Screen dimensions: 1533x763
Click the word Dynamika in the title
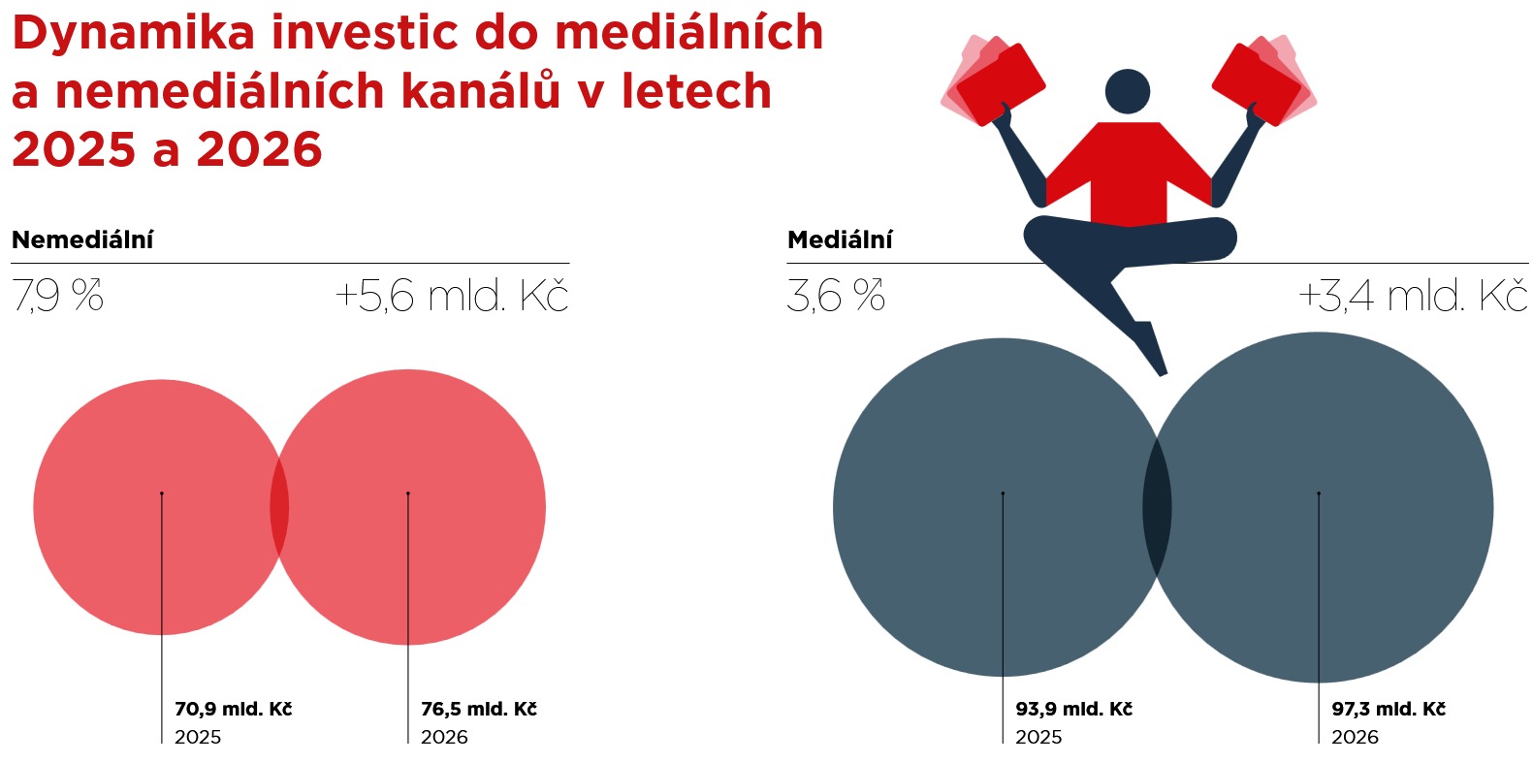(134, 34)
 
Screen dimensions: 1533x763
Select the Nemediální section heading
(82, 239)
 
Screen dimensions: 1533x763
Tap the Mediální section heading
(840, 239)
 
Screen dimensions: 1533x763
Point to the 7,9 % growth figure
(58, 296)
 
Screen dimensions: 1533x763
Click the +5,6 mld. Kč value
(452, 296)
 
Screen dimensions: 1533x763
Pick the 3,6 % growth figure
(836, 296)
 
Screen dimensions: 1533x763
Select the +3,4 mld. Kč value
(1413, 296)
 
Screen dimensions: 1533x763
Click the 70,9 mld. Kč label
(234, 709)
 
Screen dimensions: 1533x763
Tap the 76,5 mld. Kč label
(479, 709)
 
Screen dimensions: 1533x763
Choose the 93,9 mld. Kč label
(1073, 709)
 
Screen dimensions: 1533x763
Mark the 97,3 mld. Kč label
(1389, 709)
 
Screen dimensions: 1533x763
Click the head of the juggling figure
(1128, 92)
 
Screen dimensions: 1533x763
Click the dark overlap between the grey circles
(1157, 507)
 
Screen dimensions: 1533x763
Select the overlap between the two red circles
(279, 507)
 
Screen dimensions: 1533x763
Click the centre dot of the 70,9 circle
(162, 493)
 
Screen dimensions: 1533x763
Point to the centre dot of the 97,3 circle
(1319, 493)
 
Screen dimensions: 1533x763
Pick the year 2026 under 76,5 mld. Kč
(444, 737)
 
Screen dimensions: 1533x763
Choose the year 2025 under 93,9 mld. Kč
(1038, 737)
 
